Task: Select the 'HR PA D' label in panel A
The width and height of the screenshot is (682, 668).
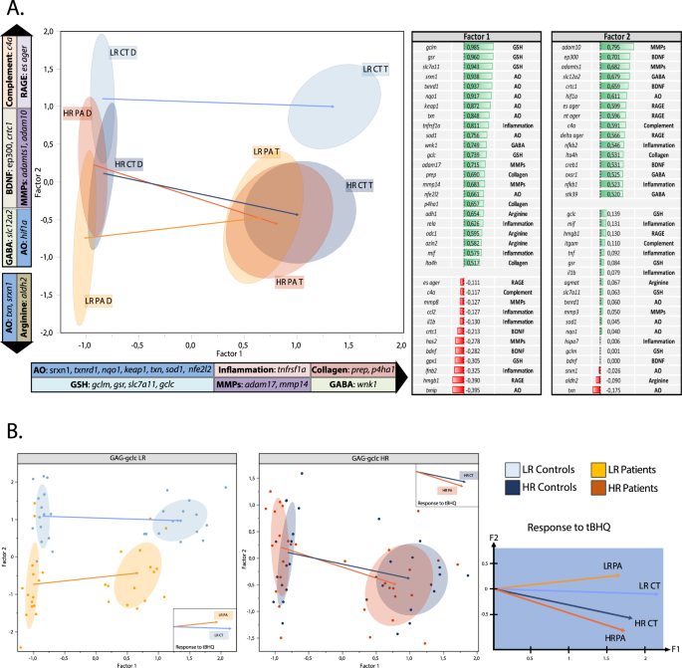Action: (77, 113)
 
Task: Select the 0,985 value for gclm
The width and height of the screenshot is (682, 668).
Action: (482, 47)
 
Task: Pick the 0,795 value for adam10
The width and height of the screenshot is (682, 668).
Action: (620, 47)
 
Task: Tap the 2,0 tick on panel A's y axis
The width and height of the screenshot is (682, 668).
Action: (47, 32)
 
